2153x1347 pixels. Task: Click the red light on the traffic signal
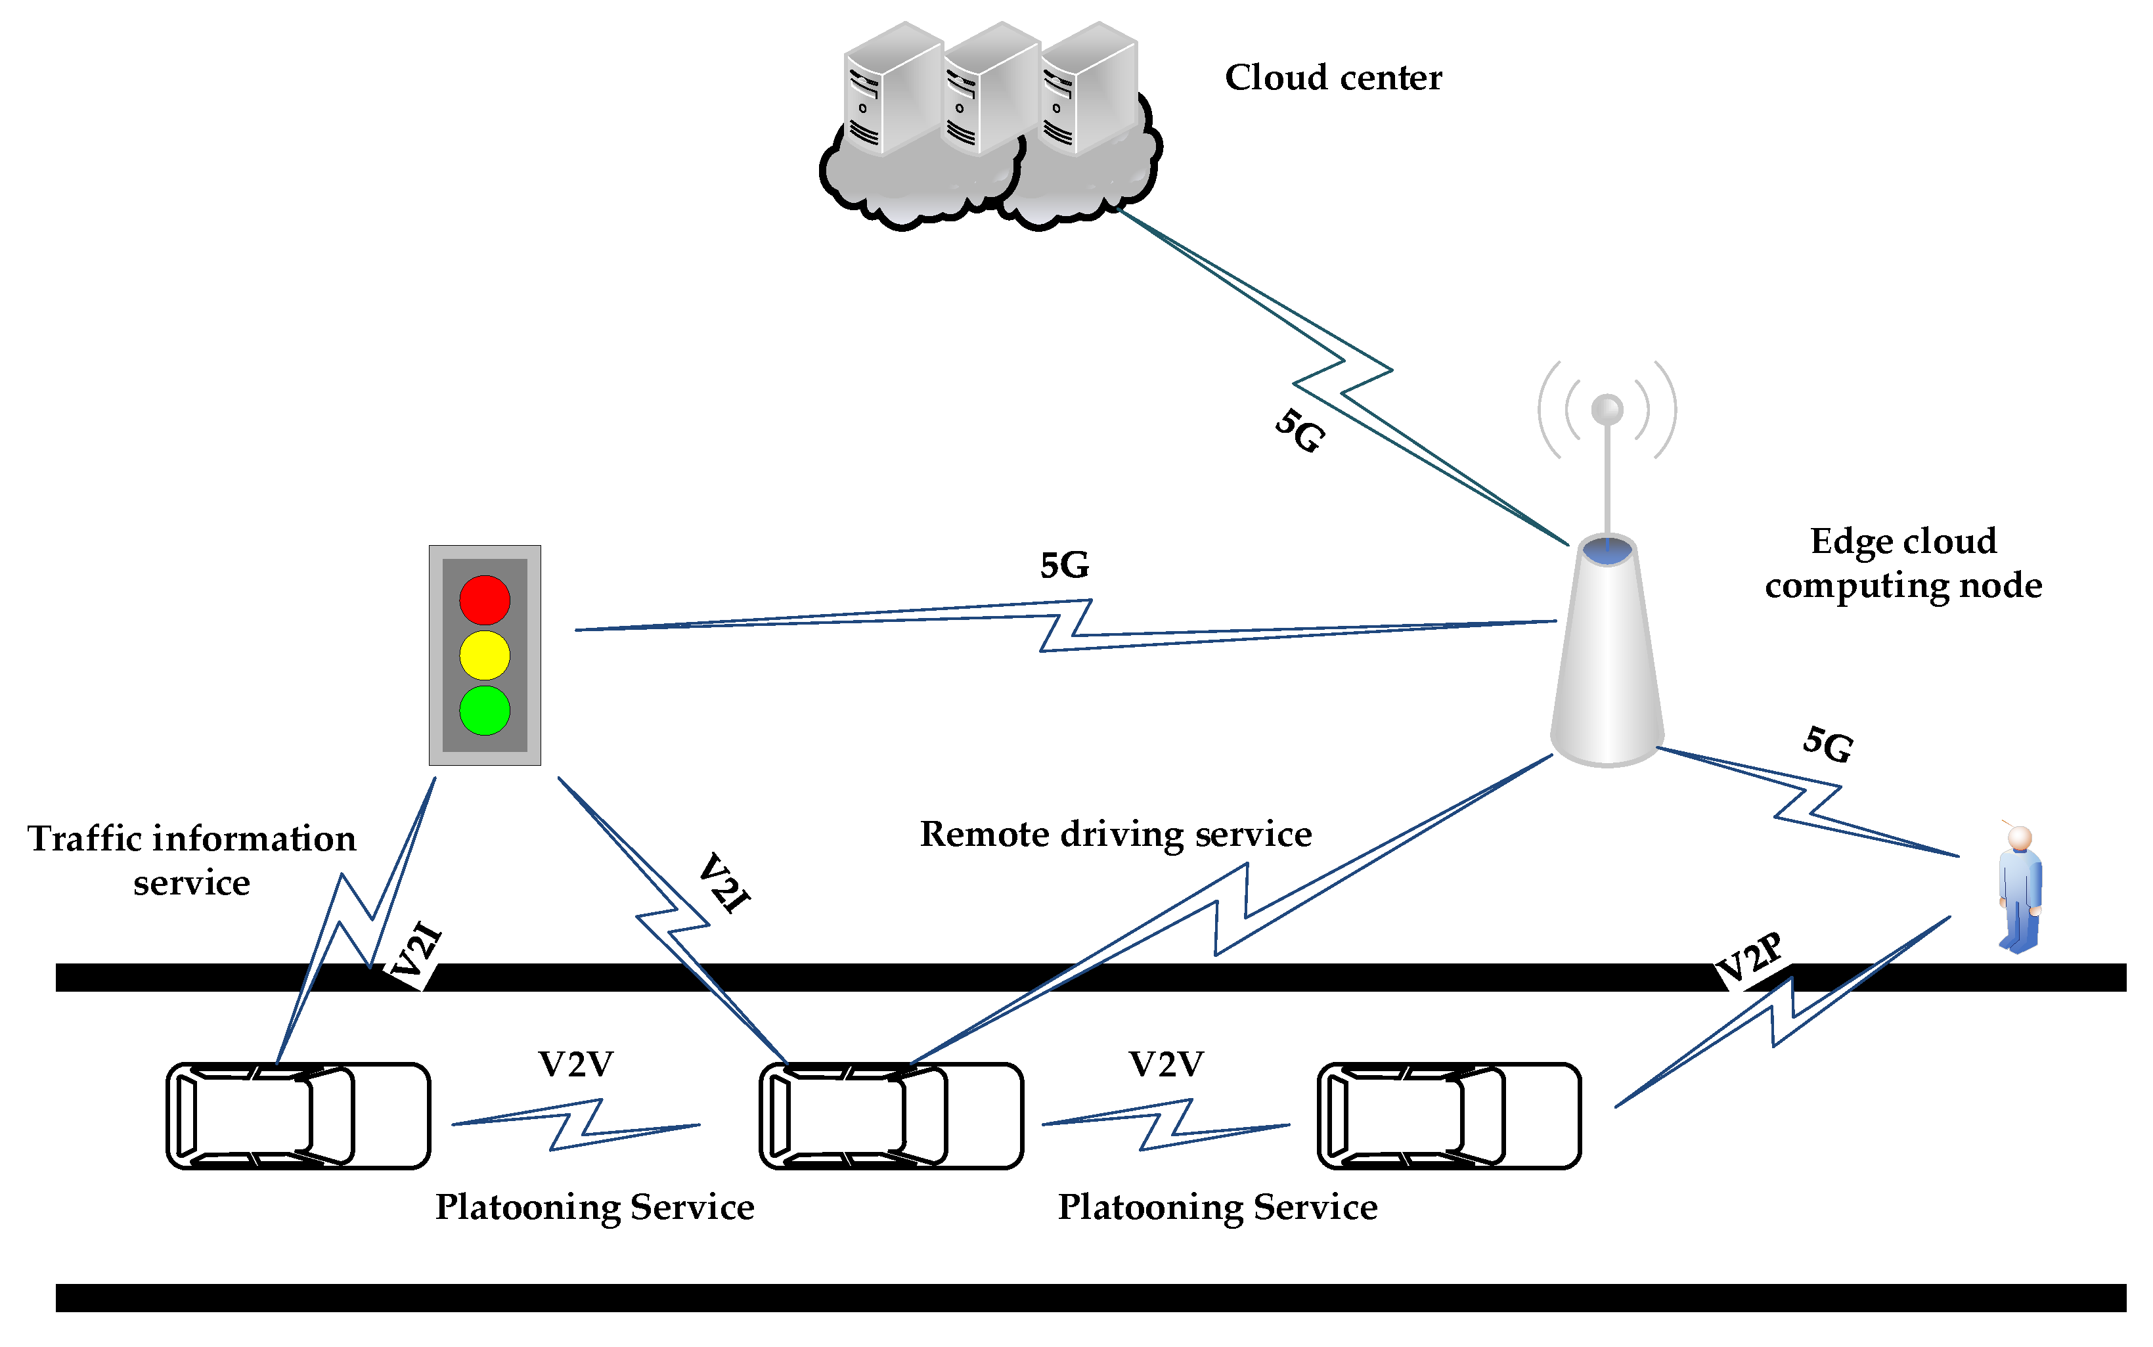pyautogui.click(x=485, y=600)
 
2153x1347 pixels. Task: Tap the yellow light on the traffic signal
pyautogui.click(x=485, y=655)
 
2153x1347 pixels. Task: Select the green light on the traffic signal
pyautogui.click(x=485, y=711)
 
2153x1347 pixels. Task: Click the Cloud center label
pyautogui.click(x=1333, y=78)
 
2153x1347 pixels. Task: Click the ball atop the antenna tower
pyautogui.click(x=1607, y=410)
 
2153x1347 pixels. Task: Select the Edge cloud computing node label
pyautogui.click(x=1903, y=563)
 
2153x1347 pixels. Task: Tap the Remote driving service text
pyautogui.click(x=1115, y=835)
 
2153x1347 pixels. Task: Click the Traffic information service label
pyautogui.click(x=192, y=860)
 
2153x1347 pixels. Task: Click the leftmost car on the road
pyautogui.click(x=298, y=1115)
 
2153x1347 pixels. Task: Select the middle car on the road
pyautogui.click(x=891, y=1115)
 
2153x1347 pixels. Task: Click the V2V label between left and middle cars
pyautogui.click(x=575, y=1065)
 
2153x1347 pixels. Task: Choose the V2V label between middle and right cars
pyautogui.click(x=1166, y=1065)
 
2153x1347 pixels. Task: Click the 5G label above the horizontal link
pyautogui.click(x=1065, y=565)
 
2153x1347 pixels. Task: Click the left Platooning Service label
pyautogui.click(x=594, y=1208)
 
